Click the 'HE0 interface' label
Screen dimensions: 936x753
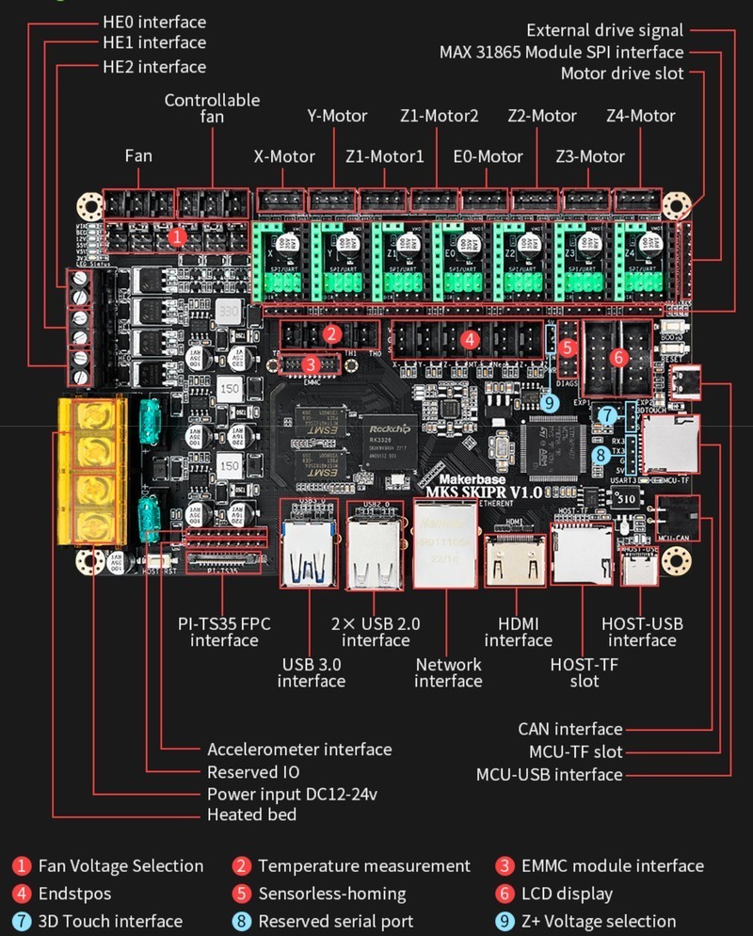153,22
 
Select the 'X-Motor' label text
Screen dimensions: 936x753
283,156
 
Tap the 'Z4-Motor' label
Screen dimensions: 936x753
640,116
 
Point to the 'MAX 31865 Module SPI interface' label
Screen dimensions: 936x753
561,52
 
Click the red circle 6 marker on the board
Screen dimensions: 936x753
618,357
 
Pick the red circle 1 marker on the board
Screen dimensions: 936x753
177,235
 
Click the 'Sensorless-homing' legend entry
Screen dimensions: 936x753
331,894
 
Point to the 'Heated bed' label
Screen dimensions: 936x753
251,815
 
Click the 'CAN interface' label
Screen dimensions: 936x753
569,729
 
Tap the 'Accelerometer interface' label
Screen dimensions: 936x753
299,750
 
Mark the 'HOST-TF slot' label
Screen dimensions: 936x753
584,672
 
